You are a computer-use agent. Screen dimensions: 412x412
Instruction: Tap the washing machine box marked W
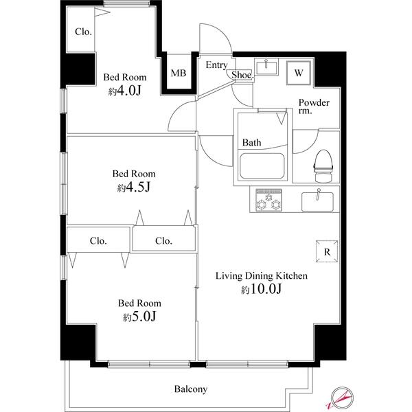299,72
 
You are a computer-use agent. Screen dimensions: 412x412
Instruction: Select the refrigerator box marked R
327,251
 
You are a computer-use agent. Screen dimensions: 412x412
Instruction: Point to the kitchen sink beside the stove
317,201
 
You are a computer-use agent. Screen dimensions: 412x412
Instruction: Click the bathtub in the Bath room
262,167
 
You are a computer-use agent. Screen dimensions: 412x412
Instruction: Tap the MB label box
178,73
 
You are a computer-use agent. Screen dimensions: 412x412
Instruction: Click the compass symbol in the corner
341,397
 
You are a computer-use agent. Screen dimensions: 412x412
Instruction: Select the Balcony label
190,389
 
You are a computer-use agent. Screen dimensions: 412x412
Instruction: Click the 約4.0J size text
124,91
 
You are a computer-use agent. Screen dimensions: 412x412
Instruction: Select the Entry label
216,65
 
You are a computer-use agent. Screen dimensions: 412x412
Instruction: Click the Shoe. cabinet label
242,75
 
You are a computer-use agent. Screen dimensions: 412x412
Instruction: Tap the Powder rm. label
314,108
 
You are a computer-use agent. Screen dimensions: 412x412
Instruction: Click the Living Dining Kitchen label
262,276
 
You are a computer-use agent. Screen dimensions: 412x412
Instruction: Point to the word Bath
251,143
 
